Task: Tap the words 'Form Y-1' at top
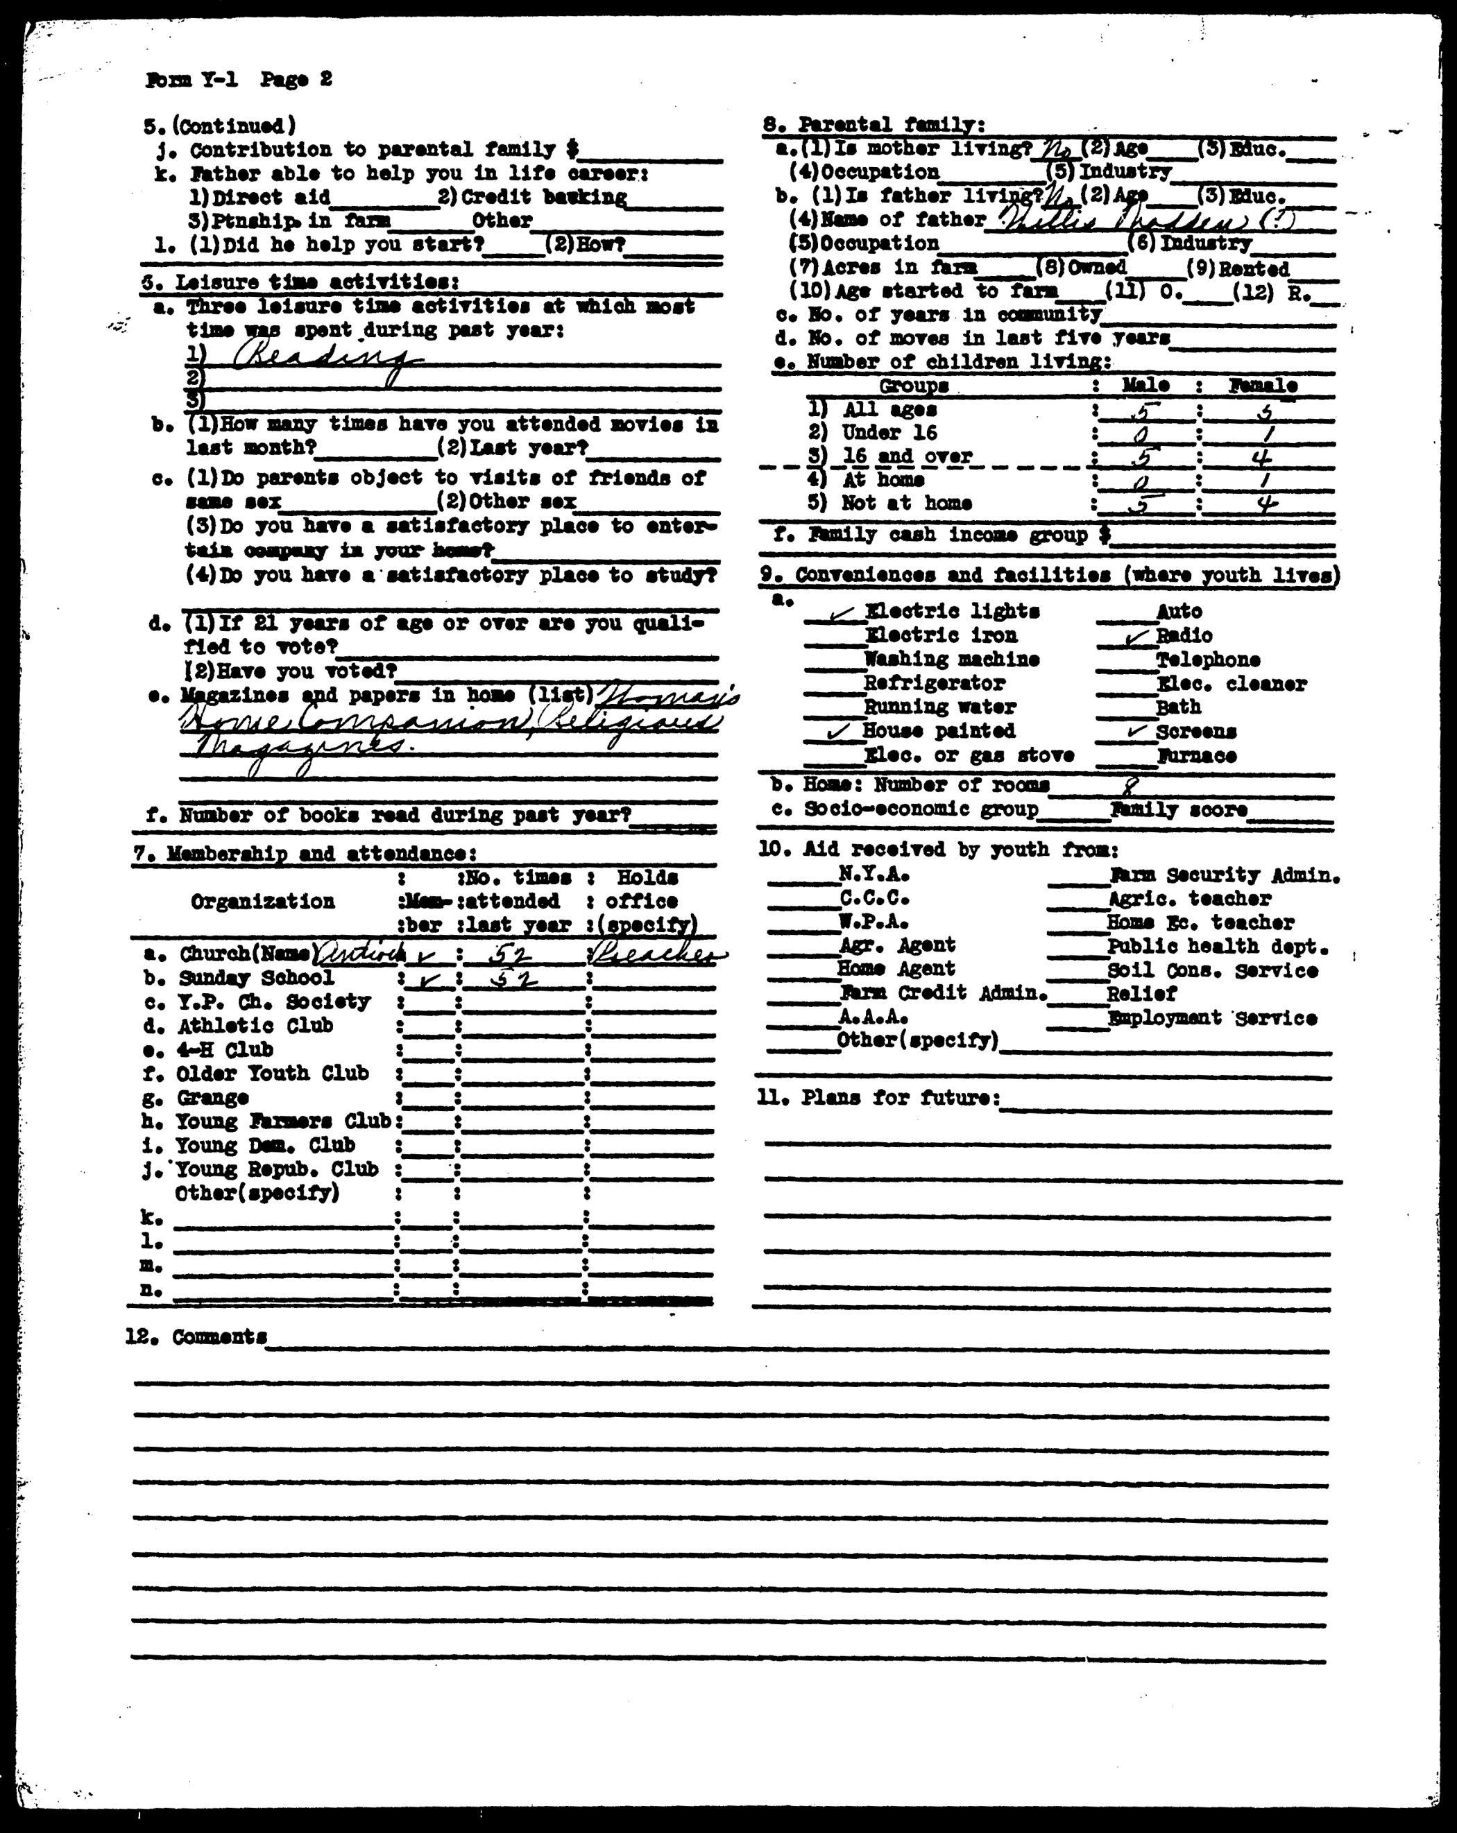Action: (x=192, y=80)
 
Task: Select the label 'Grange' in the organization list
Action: (x=212, y=1098)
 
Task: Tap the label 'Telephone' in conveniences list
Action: (x=1208, y=660)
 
